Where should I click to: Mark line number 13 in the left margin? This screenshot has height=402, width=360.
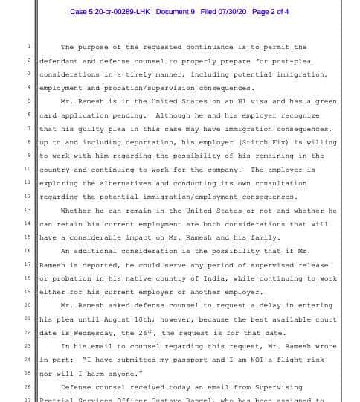(28, 210)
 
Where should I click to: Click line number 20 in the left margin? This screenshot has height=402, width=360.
(28, 305)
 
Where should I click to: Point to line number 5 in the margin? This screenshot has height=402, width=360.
(29, 101)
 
